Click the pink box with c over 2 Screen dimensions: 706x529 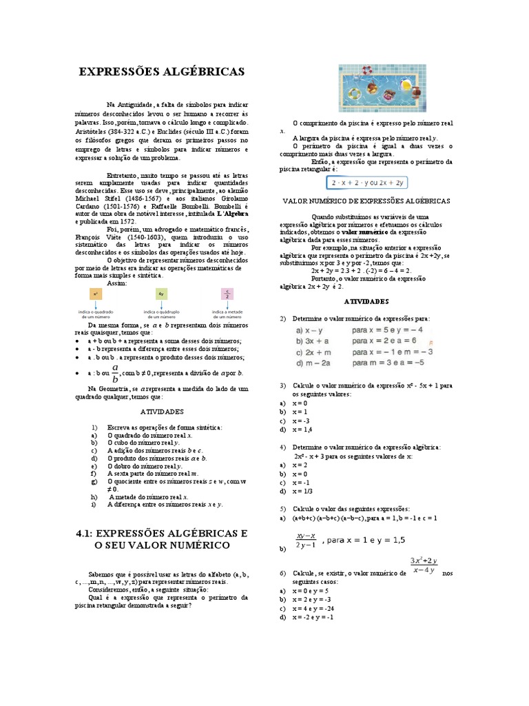(227, 294)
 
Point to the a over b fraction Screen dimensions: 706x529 (115, 374)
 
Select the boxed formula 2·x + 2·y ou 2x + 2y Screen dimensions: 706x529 (367, 183)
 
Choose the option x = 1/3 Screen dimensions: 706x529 (302, 492)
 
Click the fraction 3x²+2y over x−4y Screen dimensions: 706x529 (428, 565)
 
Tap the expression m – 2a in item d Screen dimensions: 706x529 (313, 362)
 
